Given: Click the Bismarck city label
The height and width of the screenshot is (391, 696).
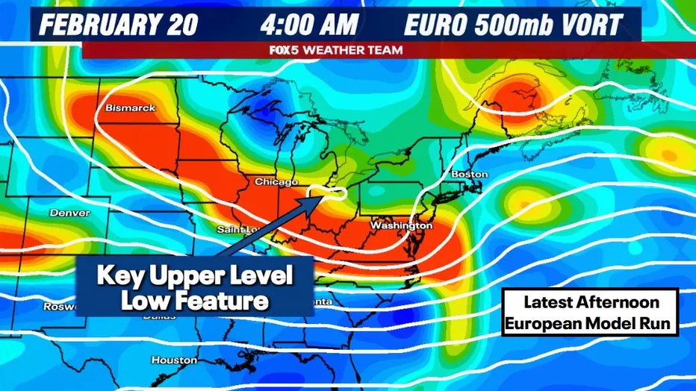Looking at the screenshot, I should coord(131,108).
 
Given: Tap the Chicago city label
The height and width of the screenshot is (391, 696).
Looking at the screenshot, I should coord(276,181).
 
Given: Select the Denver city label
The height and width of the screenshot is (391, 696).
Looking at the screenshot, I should coord(69,213).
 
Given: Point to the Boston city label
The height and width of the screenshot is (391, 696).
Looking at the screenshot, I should coord(469,174).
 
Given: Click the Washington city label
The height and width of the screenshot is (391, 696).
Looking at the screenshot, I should coord(401,225).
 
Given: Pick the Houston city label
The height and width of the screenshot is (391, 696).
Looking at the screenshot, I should coord(174,360).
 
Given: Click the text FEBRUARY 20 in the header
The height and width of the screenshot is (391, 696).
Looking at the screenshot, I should coord(118,25).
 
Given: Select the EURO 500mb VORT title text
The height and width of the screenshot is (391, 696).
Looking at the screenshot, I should coord(512,25).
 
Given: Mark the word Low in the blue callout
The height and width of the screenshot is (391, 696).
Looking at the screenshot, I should coord(146,301).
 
